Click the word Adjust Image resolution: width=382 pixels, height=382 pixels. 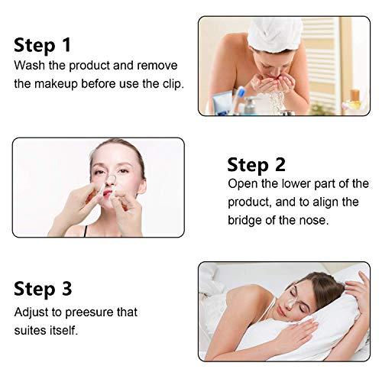[x=33, y=312]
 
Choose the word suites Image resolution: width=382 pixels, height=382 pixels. [x=32, y=331]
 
